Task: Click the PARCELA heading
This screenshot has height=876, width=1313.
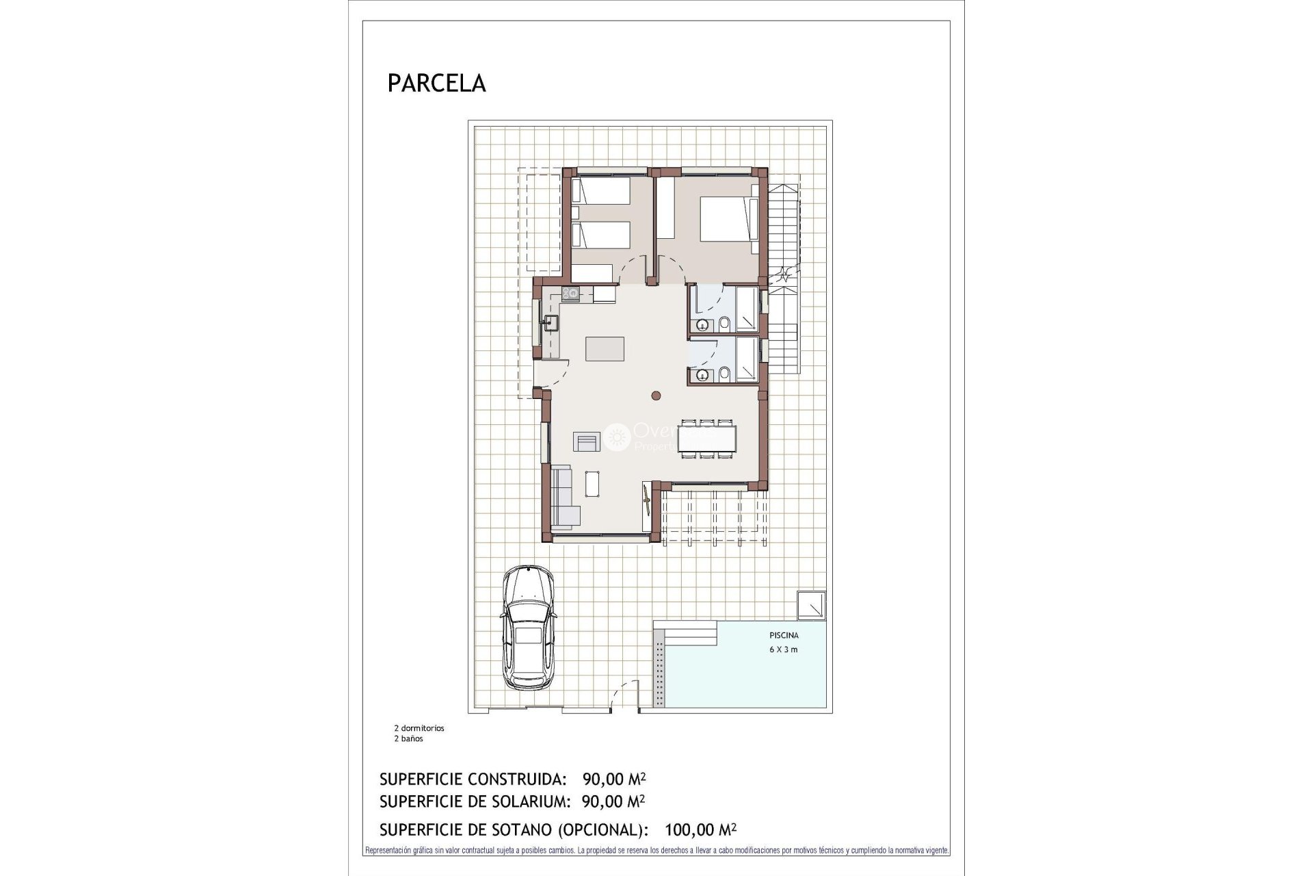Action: [x=436, y=83]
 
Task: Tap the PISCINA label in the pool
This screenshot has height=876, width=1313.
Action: [x=784, y=635]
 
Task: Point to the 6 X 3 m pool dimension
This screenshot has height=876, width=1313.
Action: [x=784, y=649]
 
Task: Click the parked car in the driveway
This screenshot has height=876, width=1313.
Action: [x=528, y=626]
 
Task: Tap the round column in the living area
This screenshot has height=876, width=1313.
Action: [x=656, y=395]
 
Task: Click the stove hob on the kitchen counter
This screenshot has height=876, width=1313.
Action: [x=570, y=294]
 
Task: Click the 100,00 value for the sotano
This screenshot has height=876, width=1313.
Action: [x=687, y=830]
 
